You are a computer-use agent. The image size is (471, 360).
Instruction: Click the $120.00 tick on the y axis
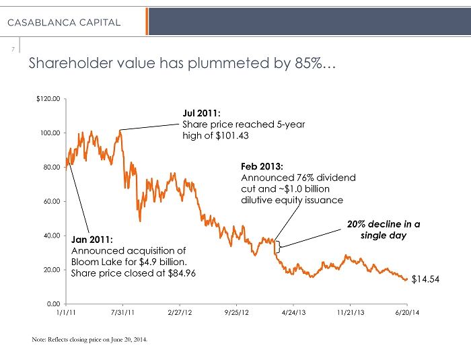point(49,99)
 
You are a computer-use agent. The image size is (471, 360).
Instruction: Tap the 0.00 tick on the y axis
point(54,303)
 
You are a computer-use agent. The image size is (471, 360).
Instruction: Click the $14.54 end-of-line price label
point(425,279)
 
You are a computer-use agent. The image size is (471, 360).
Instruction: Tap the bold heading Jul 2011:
point(202,114)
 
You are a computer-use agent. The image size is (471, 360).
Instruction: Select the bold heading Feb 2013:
point(262,166)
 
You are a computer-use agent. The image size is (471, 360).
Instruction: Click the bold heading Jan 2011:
point(92,239)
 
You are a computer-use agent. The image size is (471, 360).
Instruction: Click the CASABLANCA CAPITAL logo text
point(65,22)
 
